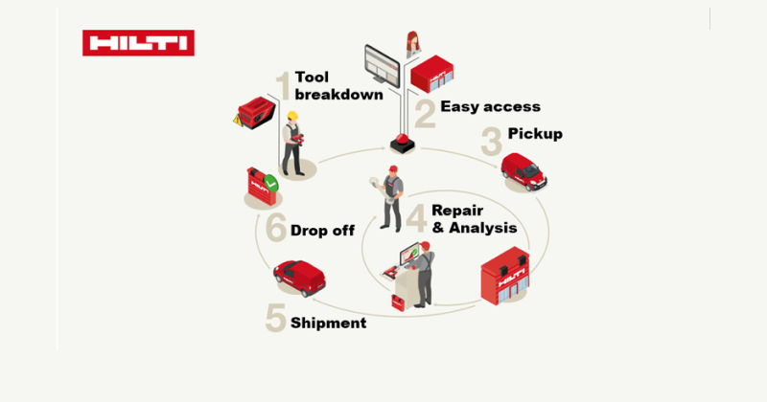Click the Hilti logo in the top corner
point(138,43)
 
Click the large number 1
point(283,87)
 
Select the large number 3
point(491,142)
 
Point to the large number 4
point(416,218)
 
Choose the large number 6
point(276,228)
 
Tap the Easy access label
point(490,106)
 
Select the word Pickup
point(535,133)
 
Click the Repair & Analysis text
point(474,218)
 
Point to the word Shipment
point(329,324)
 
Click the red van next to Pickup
point(523,170)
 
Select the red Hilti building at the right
point(504,279)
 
